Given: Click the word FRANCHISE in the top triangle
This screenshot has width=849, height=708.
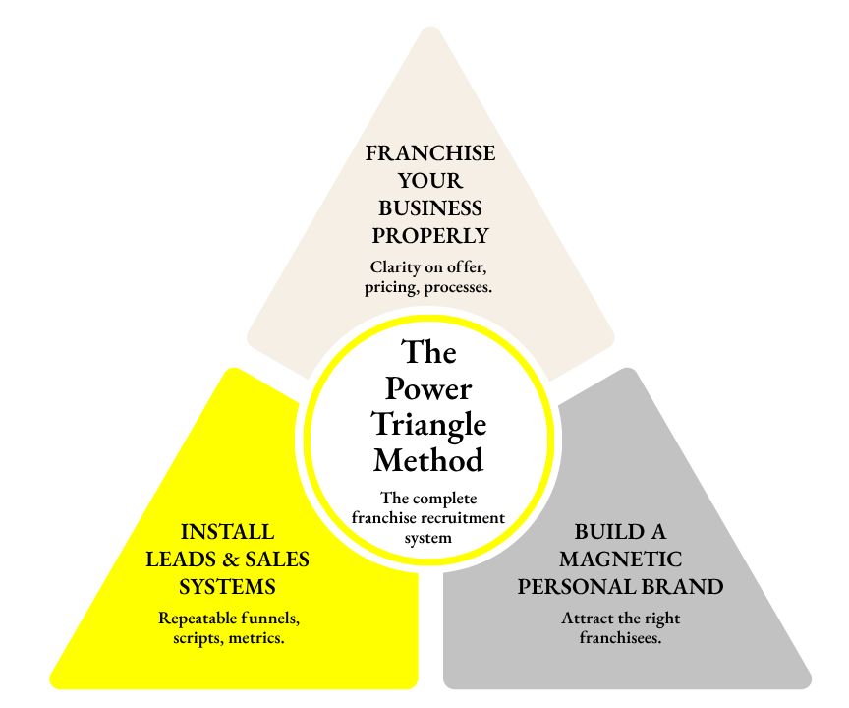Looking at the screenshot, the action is coord(430,154).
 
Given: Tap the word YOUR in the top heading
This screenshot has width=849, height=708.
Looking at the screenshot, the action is coord(430,182).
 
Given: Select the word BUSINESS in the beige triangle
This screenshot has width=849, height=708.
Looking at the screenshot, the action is coord(430,208).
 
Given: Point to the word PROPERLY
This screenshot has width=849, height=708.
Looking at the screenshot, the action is coord(430,236).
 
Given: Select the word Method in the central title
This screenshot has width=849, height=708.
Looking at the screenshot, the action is coord(429,459).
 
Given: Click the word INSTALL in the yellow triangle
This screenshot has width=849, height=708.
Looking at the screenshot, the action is coord(227,532).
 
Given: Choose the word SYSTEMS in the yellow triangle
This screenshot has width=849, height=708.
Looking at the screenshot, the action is coord(227,587).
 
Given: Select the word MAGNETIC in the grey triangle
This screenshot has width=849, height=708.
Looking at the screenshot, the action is coord(620,560).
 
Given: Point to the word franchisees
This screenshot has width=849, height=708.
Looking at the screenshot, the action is coord(620,638).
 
